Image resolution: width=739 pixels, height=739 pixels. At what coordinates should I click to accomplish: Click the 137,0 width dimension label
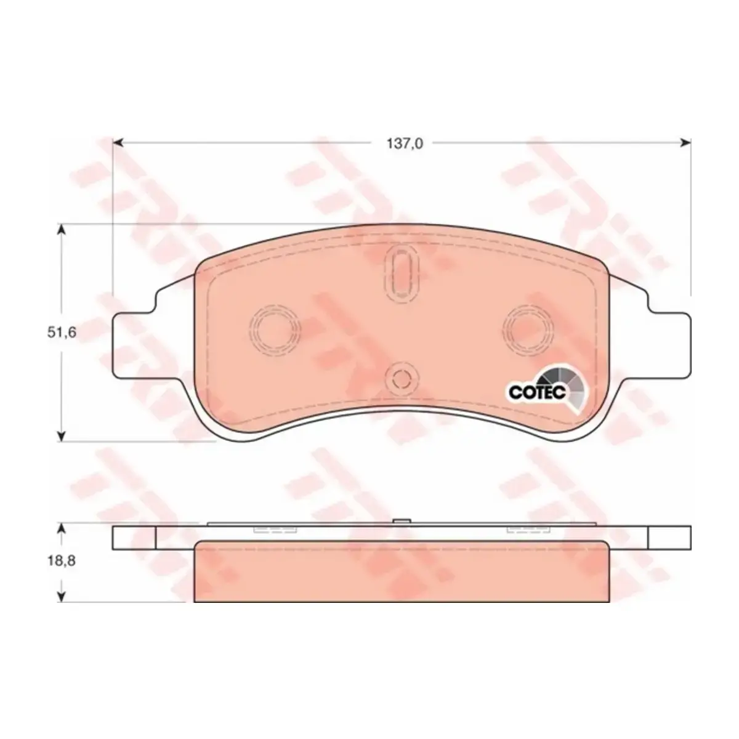coord(405,144)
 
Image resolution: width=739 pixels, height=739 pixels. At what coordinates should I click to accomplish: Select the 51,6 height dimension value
coord(62,333)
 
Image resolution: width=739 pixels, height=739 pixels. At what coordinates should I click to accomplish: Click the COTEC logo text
coord(537,392)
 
